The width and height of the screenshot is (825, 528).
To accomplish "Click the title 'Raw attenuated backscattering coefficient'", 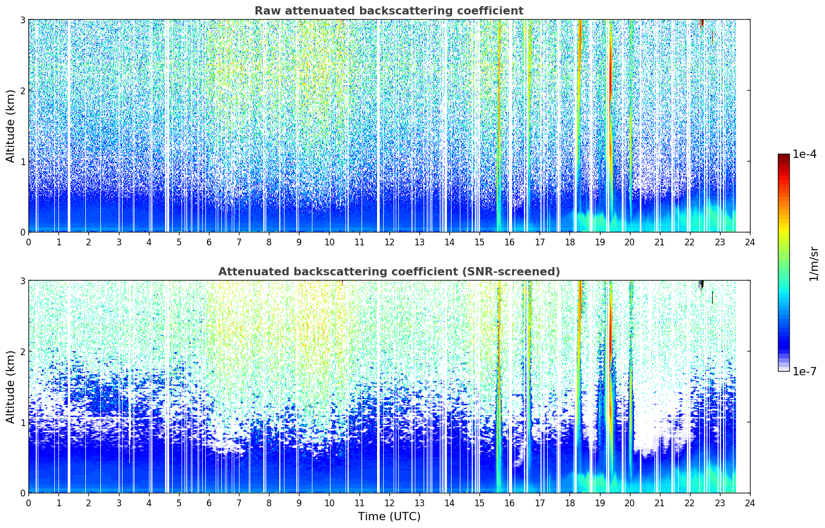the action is pos(389,11).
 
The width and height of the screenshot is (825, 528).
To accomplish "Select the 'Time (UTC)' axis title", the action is pos(389,517).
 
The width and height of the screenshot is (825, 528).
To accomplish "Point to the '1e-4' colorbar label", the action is pos(804,154).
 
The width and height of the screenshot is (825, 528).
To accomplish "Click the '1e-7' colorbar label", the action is pos(804,371).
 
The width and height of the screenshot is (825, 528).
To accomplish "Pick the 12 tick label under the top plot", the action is pos(389,242).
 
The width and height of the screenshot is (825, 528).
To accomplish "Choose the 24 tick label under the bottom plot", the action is pos(750,503).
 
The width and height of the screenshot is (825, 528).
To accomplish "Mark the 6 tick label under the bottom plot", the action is pos(209,503).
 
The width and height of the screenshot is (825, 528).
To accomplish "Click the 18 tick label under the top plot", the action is pos(570,242).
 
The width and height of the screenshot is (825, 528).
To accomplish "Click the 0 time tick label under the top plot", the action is pos(29,242).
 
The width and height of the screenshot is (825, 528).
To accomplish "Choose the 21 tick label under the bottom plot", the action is pos(659,503).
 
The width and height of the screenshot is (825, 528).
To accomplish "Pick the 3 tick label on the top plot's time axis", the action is pos(119,242).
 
